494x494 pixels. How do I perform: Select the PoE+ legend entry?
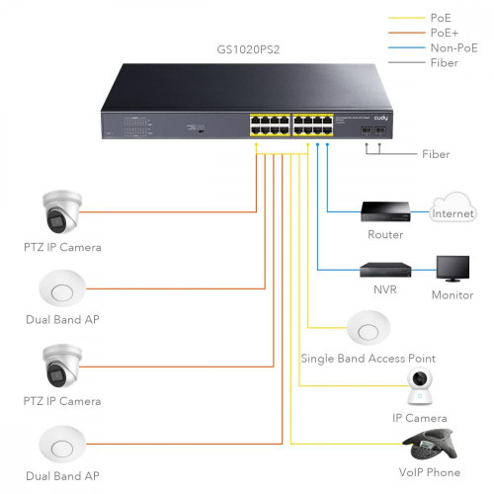pyautogui.click(x=444, y=32)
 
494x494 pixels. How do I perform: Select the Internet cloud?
pyautogui.click(x=453, y=210)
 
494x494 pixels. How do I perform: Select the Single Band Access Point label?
pyautogui.click(x=368, y=358)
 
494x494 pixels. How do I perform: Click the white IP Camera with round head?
pyautogui.click(x=423, y=387)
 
